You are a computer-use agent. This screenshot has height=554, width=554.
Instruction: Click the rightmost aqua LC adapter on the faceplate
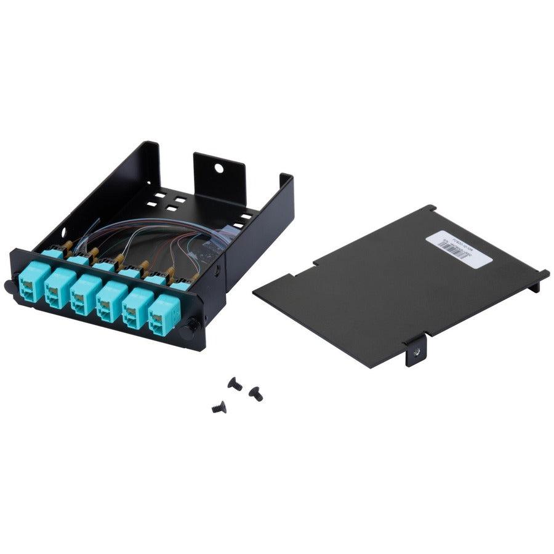pyautogui.click(x=163, y=314)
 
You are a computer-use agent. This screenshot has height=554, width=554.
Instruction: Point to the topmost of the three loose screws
pyautogui.click(x=235, y=384)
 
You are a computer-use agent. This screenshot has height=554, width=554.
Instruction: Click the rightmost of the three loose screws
pyautogui.click(x=255, y=393)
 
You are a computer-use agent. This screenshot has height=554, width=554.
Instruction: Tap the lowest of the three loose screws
pyautogui.click(x=219, y=407)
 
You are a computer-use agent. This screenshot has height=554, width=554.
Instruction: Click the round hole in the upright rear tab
pyautogui.click(x=218, y=167)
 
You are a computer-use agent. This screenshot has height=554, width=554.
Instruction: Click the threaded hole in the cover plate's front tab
pyautogui.click(x=415, y=350)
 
